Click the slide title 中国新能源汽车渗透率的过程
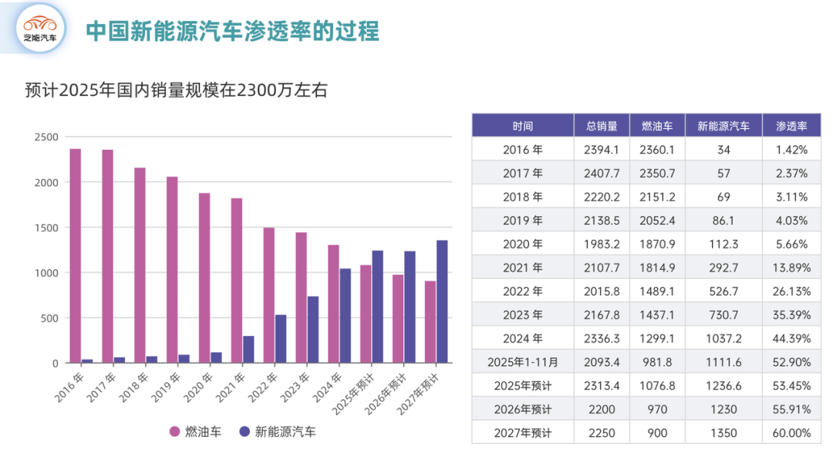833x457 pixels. click(x=232, y=31)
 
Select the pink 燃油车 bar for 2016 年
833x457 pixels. click(x=76, y=256)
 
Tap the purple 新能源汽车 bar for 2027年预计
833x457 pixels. click(x=442, y=301)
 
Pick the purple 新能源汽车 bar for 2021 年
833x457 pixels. click(x=248, y=349)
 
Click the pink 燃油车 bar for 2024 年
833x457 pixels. click(x=333, y=303)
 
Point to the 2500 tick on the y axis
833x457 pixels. click(x=46, y=137)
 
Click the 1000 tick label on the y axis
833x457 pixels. click(x=46, y=273)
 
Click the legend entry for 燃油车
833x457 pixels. click(x=196, y=432)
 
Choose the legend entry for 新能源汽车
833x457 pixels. click(x=277, y=432)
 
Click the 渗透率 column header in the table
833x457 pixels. click(x=791, y=126)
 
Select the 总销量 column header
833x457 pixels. click(x=602, y=126)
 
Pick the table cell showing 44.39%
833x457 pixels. click(x=791, y=338)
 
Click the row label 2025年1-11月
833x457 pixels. click(x=522, y=362)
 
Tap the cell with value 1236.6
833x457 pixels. click(x=723, y=385)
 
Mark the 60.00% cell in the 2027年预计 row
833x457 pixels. click(x=791, y=433)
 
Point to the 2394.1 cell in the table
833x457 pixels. click(x=602, y=150)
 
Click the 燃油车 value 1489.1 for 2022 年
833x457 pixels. click(x=657, y=291)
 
